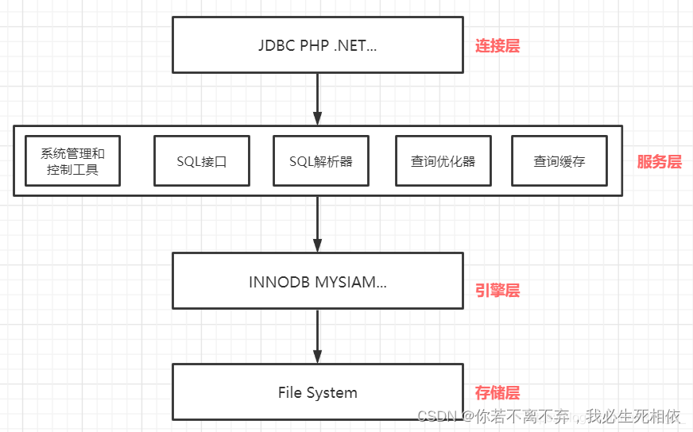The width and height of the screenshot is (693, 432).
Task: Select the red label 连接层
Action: point(497,46)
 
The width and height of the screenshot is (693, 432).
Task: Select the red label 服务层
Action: point(660,162)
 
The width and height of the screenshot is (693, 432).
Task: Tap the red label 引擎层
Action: point(497,291)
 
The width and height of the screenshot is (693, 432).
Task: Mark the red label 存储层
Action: point(497,392)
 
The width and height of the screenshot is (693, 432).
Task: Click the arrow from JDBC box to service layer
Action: point(317,99)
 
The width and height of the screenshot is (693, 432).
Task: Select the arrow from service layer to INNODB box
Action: point(317,224)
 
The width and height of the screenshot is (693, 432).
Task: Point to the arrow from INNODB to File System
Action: point(317,336)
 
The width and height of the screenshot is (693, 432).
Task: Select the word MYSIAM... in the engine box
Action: point(351,282)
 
